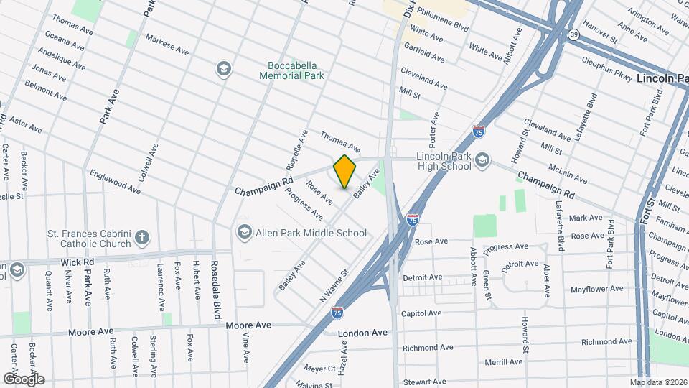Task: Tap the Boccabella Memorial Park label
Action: (291, 70)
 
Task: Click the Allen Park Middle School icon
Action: (244, 232)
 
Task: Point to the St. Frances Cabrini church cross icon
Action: (142, 237)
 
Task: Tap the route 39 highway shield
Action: (573, 34)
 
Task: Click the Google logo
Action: (24, 379)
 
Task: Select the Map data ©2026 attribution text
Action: (658, 382)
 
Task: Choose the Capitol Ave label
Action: (421, 313)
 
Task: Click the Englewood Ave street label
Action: (115, 182)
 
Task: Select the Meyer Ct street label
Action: (319, 369)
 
